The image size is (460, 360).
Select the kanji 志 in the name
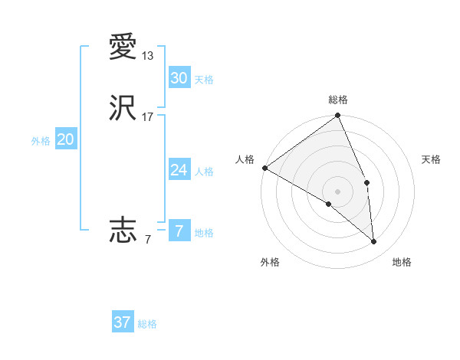tap(123, 229)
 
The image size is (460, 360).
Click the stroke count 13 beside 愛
tap(148, 56)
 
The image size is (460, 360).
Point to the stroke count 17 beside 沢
tap(148, 117)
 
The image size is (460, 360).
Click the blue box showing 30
tap(179, 78)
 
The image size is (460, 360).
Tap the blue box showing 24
tap(179, 170)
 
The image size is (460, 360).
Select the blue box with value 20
tap(65, 139)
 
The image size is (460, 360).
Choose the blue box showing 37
tap(122, 322)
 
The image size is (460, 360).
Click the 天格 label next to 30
tap(204, 80)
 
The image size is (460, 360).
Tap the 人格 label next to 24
tap(204, 172)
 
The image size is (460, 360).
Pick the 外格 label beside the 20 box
tap(41, 141)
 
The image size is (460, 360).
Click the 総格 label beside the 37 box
tap(147, 324)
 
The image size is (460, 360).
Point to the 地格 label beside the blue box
tap(204, 233)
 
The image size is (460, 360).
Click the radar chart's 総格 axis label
tap(338, 100)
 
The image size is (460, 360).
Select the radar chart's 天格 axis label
tap(432, 159)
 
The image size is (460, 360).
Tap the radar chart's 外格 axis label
tap(270, 262)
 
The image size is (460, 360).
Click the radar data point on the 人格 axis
tap(264, 168)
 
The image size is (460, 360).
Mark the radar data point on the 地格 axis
tap(373, 241)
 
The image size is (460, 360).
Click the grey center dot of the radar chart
tap(338, 191)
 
